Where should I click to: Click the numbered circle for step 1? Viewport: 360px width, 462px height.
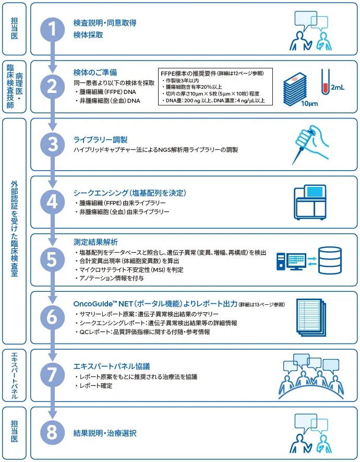[x=53, y=29]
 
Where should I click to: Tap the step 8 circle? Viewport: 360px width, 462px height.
[x=53, y=433]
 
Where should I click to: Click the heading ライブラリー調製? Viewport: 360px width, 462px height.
[x=100, y=140]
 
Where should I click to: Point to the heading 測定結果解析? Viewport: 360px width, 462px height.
[x=95, y=242]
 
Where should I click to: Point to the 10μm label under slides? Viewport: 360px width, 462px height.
[x=309, y=103]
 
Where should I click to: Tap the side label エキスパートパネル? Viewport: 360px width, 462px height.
[x=14, y=376]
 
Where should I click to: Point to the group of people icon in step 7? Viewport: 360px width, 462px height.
[x=311, y=374]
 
